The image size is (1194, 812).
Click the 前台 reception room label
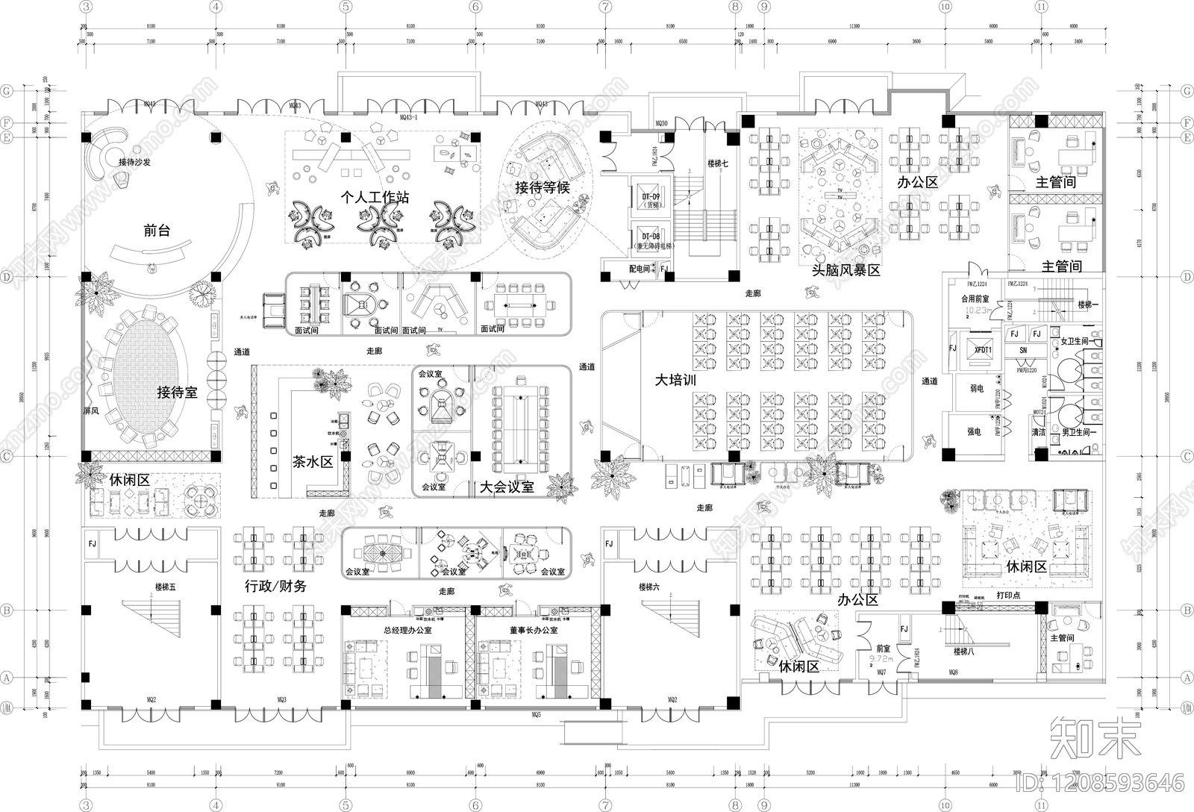pyautogui.click(x=157, y=231)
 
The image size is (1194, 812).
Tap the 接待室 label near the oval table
pyautogui.click(x=177, y=393)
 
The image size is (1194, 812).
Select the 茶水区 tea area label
pyautogui.click(x=312, y=462)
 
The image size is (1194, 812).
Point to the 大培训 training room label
pyautogui.click(x=675, y=380)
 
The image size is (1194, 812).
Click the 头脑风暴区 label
pyautogui.click(x=846, y=270)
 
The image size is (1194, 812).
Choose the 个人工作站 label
pyautogui.click(x=374, y=197)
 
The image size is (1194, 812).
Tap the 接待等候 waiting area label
pyautogui.click(x=542, y=187)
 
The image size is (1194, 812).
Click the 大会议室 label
pyautogui.click(x=507, y=487)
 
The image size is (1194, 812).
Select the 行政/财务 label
pyautogui.click(x=275, y=586)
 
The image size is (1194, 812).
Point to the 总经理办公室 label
pyautogui.click(x=407, y=630)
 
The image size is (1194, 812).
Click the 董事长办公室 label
pyautogui.click(x=534, y=630)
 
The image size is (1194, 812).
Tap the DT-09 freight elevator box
pyautogui.click(x=651, y=199)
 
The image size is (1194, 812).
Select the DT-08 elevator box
pyautogui.click(x=651, y=239)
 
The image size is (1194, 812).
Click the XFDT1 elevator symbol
pyautogui.click(x=983, y=350)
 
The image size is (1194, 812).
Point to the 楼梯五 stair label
pyautogui.click(x=166, y=587)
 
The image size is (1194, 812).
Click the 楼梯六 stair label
pyautogui.click(x=648, y=587)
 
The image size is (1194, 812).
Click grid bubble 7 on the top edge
pyautogui.click(x=605, y=7)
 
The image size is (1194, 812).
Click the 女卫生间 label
pyautogui.click(x=1075, y=341)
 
